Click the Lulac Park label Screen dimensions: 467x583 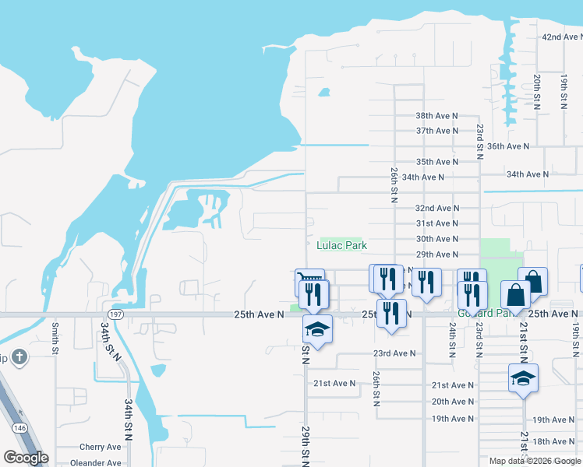341,245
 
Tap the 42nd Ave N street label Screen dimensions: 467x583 562,37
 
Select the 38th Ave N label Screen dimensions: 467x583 436,115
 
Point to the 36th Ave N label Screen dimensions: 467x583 507,146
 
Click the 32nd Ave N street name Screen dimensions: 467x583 436,209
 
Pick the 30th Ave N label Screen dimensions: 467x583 436,239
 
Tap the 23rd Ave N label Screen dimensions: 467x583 394,353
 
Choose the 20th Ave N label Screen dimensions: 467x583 453,402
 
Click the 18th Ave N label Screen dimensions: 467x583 554,442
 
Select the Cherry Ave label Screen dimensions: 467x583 101,448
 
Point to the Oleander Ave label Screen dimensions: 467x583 97,463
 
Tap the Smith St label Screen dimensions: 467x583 55,339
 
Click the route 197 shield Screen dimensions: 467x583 115,314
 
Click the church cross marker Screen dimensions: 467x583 20,358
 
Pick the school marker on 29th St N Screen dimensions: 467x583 317,329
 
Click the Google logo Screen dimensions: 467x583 26,458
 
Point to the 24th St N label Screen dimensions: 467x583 452,340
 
